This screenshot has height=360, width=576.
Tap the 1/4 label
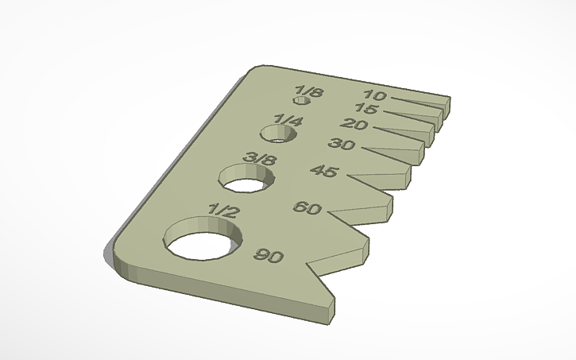tap(288, 121)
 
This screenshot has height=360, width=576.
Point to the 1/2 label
tap(222, 211)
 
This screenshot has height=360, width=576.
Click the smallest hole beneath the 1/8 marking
tap(301, 102)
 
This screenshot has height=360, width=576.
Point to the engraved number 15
tap(366, 109)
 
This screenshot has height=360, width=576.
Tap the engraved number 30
tap(342, 145)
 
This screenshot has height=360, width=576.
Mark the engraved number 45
tap(324, 171)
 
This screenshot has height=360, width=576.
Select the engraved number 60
tap(307, 208)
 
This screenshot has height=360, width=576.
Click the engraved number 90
tap(269, 256)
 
